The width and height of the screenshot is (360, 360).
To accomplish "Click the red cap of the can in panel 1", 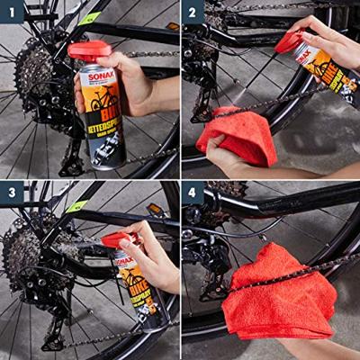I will click(89, 50).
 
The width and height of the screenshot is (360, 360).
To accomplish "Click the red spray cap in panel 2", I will click(290, 41).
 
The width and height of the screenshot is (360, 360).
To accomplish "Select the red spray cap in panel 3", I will click(116, 239).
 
